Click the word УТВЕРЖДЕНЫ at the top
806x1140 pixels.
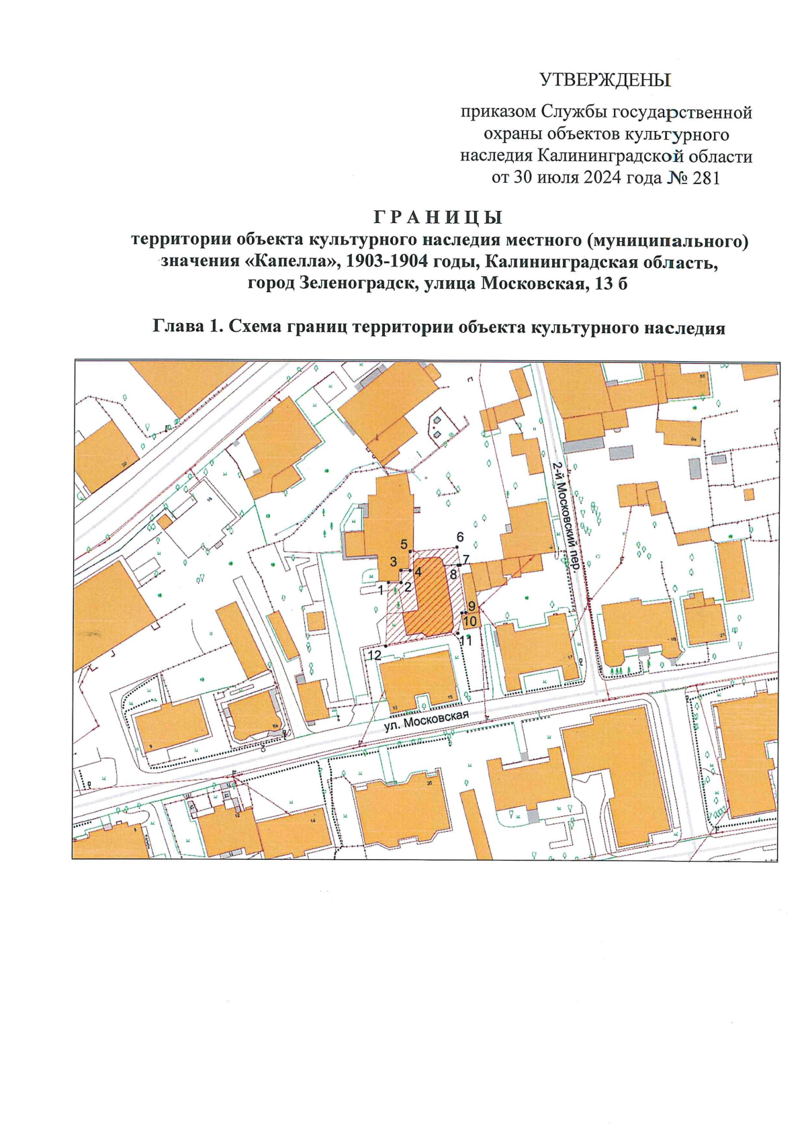606,81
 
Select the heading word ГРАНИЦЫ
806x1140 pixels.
437,218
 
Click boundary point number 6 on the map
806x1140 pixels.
460,537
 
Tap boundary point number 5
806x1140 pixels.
404,544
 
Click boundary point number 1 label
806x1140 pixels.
381,590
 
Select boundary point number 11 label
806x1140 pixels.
465,641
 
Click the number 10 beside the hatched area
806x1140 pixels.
470,621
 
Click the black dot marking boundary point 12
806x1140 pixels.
386,646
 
